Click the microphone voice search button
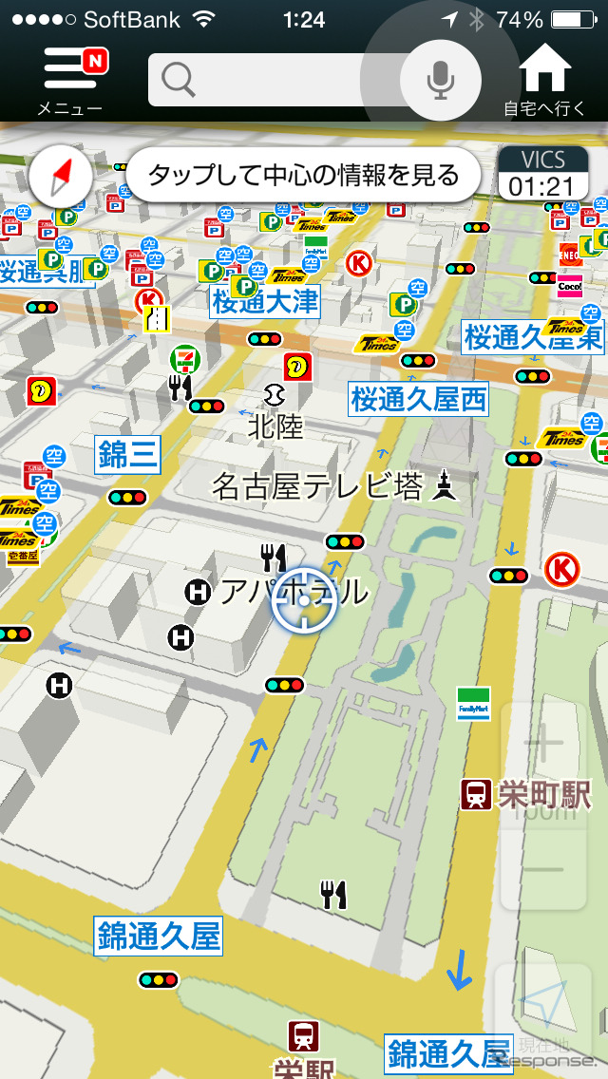(439, 80)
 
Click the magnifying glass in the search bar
(178, 81)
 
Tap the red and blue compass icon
(61, 176)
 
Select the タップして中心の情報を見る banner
(303, 175)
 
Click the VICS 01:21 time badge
(541, 174)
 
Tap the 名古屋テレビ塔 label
(318, 488)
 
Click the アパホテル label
(293, 592)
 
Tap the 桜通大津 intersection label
(265, 302)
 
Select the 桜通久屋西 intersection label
(418, 400)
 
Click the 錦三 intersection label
(128, 455)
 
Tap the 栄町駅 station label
(543, 794)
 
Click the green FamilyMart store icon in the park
(472, 703)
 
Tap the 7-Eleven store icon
(183, 359)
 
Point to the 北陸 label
(275, 426)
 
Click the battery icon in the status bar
(579, 19)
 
